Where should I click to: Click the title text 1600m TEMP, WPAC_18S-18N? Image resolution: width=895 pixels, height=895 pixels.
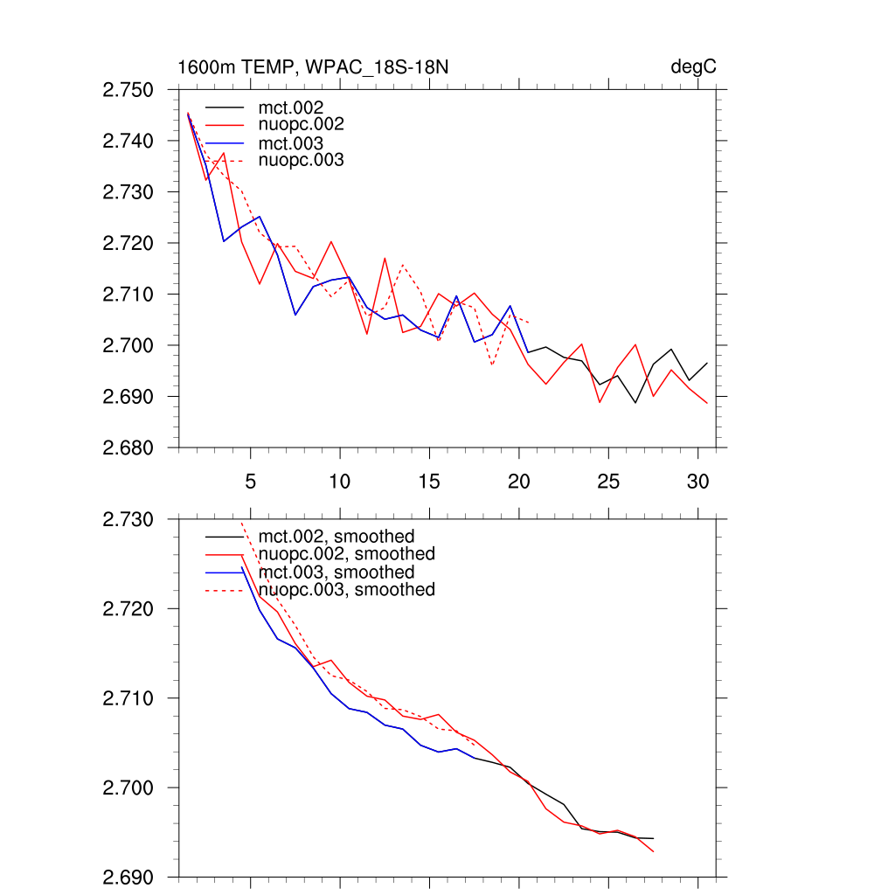pyautogui.click(x=314, y=67)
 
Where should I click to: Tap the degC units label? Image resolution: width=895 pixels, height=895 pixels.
pyautogui.click(x=693, y=67)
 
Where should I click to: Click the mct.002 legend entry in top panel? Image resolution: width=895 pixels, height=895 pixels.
pyautogui.click(x=297, y=108)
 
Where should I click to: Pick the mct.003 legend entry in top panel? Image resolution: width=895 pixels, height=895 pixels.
pyautogui.click(x=297, y=143)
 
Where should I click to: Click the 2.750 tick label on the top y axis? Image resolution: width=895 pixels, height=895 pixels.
pyautogui.click(x=128, y=90)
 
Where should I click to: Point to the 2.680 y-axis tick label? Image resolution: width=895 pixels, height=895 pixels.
pyautogui.click(x=128, y=448)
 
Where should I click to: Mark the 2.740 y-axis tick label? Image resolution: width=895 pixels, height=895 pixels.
pyautogui.click(x=128, y=141)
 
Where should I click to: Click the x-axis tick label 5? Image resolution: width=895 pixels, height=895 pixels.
pyautogui.click(x=251, y=482)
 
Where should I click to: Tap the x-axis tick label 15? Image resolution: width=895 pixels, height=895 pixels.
pyautogui.click(x=429, y=482)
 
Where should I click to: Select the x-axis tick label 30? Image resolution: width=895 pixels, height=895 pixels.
pyautogui.click(x=697, y=482)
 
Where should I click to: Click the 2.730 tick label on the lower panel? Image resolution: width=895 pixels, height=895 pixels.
pyautogui.click(x=128, y=520)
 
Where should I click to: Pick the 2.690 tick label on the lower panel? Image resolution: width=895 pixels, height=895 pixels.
pyautogui.click(x=128, y=878)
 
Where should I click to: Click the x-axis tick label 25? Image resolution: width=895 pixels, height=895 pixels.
pyautogui.click(x=608, y=482)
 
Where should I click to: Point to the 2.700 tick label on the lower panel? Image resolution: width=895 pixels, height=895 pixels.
pyautogui.click(x=128, y=788)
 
